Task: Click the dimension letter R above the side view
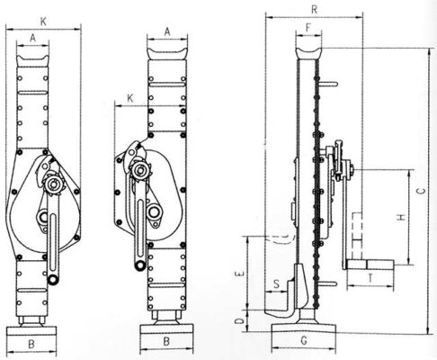314,10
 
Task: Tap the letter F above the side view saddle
308,28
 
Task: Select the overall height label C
421,191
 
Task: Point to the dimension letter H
402,217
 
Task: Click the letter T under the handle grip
370,278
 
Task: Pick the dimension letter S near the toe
277,283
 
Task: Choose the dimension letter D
239,322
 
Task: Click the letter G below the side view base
304,340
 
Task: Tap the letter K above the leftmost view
43,22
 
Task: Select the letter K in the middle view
130,98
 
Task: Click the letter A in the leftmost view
33,38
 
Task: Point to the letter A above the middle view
167,31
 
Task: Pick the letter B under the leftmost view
31,344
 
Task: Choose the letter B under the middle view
166,341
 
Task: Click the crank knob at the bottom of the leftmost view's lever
54,279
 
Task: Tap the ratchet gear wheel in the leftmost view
53,183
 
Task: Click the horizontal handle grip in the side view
370,265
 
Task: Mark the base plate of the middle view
166,329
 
